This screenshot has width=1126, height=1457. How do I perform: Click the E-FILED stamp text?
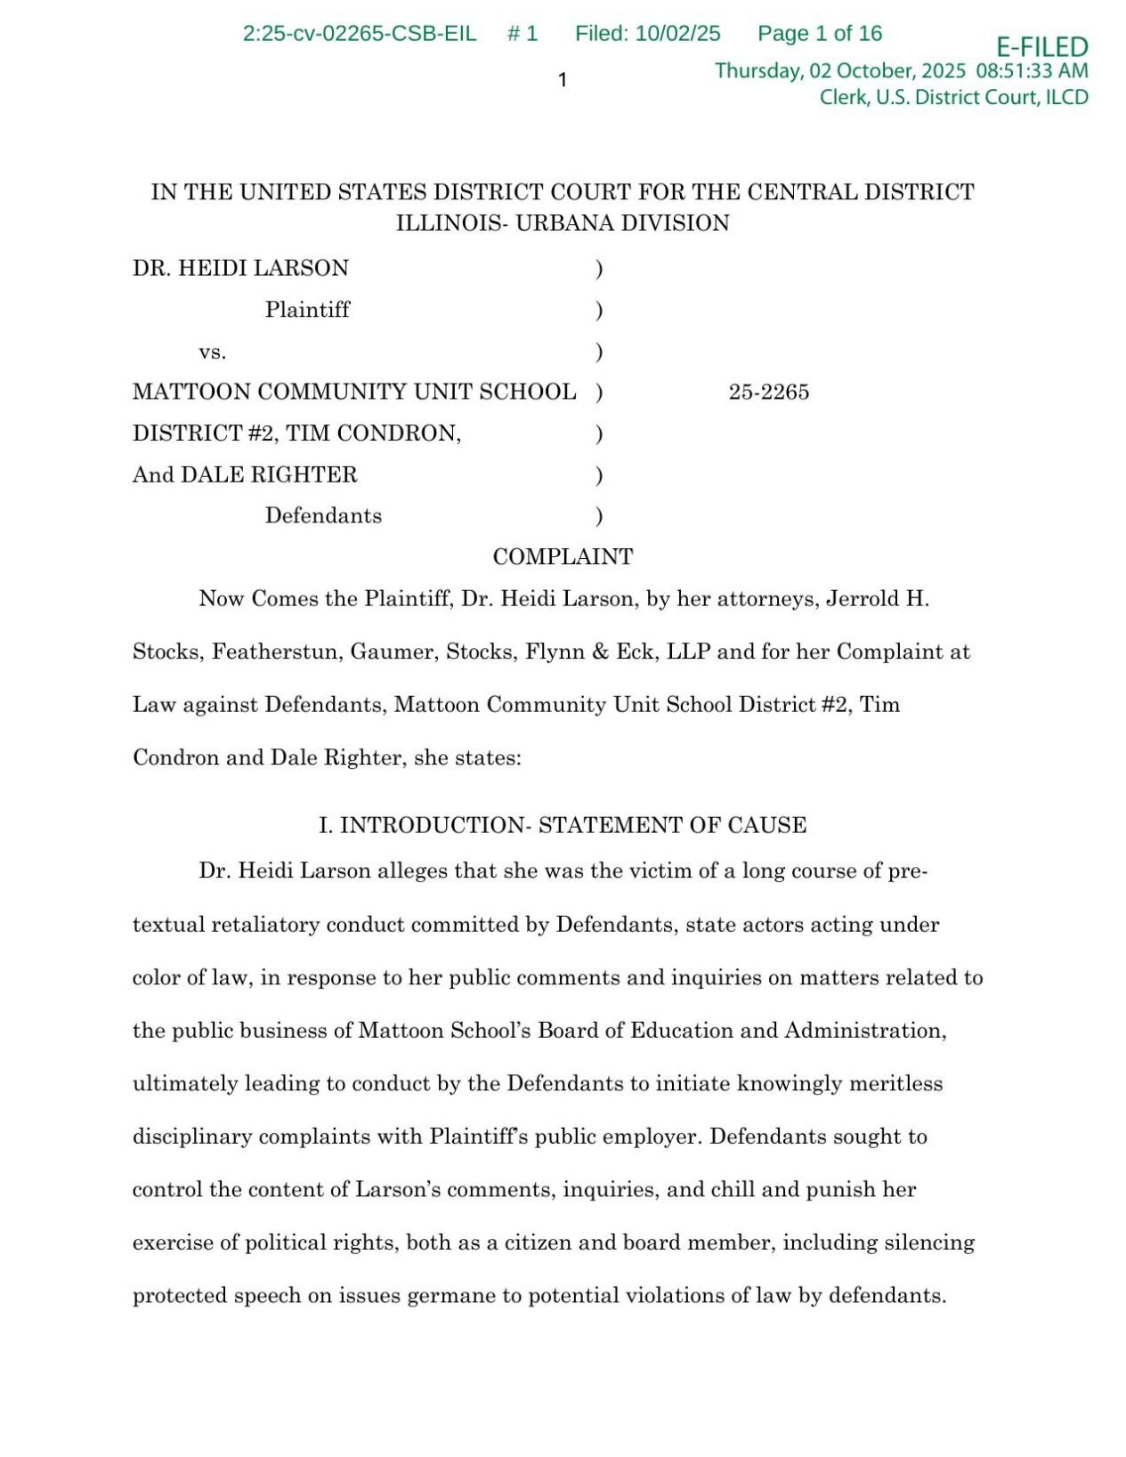tap(1041, 46)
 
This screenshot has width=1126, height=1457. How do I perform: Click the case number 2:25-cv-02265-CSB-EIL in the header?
tap(359, 34)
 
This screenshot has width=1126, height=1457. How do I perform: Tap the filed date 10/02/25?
tap(677, 34)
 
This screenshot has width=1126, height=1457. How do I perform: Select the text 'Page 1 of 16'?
tap(819, 34)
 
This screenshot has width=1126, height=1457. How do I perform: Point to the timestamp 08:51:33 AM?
tap(1032, 71)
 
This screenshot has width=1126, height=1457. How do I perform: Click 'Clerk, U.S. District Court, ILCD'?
tap(953, 97)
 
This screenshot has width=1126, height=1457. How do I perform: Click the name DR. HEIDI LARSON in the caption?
tap(240, 268)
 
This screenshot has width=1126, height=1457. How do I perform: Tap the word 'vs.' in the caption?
tap(212, 352)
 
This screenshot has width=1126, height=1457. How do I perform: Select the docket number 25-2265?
tap(768, 393)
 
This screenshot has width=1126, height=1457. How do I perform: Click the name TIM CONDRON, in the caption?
tap(373, 433)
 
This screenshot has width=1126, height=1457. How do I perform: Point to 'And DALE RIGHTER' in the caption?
tap(245, 474)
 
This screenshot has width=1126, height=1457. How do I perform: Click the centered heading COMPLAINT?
tap(563, 557)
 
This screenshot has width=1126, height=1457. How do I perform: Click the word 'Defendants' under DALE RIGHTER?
tap(323, 515)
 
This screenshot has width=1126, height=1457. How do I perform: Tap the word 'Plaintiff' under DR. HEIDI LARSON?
tap(307, 310)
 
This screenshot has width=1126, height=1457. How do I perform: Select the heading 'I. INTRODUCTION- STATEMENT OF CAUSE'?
tap(563, 825)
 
